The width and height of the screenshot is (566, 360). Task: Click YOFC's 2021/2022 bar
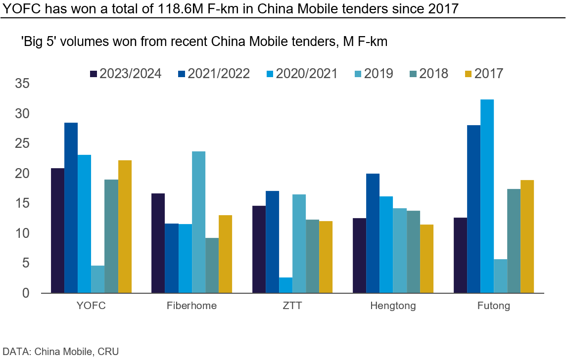[x=71, y=208]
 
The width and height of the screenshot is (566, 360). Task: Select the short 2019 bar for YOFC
[x=97, y=279]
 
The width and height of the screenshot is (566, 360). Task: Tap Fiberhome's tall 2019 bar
[x=198, y=222]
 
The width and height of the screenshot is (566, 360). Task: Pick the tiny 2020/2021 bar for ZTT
[x=285, y=285]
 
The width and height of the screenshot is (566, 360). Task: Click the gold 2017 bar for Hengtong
[x=426, y=259]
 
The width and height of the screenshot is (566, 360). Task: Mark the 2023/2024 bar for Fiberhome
[x=158, y=243]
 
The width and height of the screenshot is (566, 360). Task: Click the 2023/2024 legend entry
[x=126, y=74]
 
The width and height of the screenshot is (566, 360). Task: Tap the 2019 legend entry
[x=374, y=74]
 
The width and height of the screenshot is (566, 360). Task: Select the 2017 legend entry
[x=484, y=74]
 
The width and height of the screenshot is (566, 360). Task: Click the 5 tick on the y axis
[x=26, y=263]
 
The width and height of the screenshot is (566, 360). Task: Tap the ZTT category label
[x=292, y=306]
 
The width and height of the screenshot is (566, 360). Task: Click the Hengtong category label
[x=393, y=306]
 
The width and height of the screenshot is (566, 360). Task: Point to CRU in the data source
[x=108, y=352]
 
